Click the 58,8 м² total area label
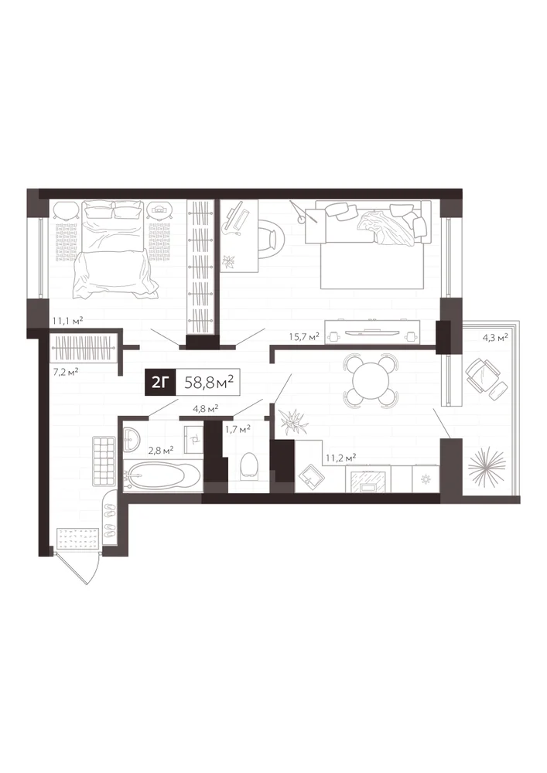208,382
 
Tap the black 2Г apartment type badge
159,382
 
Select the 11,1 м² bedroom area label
67,321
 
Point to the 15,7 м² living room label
304,336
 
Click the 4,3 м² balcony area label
494,338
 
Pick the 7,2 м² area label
66,371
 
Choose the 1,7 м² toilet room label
238,429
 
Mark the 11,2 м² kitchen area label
341,458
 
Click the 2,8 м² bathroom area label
161,450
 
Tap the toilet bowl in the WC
249,466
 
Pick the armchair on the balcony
487,376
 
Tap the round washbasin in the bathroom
132,438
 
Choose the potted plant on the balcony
487,465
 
